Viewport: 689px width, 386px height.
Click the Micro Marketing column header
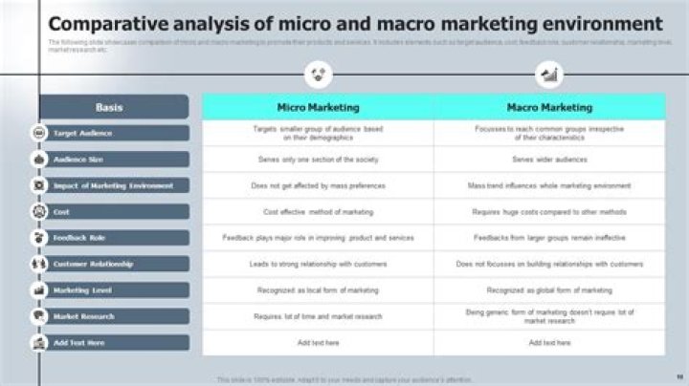[318, 107]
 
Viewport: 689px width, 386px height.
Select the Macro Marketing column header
[549, 107]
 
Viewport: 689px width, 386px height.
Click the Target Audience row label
[84, 134]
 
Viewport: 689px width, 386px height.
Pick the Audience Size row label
[79, 160]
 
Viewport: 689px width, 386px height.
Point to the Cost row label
[63, 211]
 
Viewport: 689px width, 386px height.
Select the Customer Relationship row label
[94, 264]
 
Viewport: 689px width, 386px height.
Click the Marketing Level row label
[83, 289]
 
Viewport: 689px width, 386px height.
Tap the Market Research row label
[84, 315]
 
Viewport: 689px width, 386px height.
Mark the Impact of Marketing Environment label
[113, 185]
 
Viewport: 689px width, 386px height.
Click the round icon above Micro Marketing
[318, 74]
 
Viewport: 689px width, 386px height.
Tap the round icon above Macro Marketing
[549, 74]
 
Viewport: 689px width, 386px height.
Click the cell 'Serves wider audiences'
[549, 160]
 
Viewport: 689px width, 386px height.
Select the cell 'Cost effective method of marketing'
[318, 211]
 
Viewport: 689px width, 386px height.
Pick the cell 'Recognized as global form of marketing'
[549, 289]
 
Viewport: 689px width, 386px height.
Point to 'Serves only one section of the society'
[318, 160]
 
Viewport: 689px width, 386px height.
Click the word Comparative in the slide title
[104, 23]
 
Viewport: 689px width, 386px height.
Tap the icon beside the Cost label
[39, 211]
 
